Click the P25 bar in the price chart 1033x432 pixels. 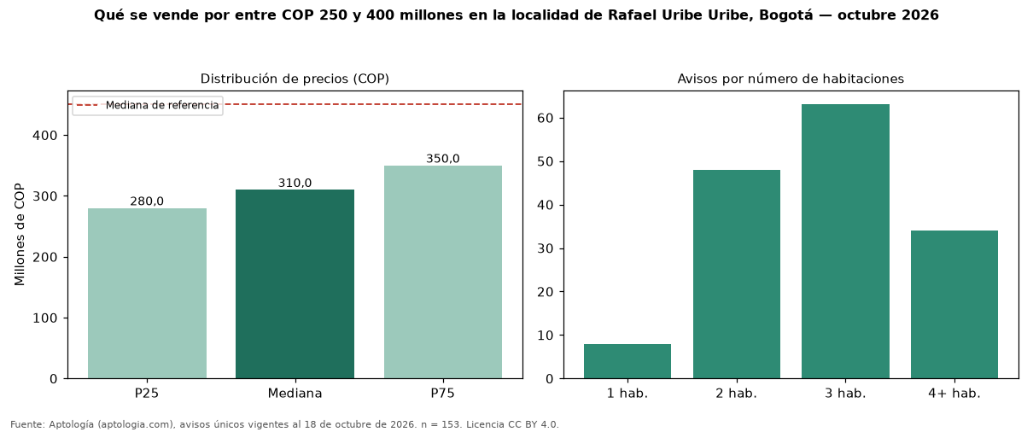click(147, 293)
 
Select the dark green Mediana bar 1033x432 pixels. click(295, 284)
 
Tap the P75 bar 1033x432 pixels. click(443, 272)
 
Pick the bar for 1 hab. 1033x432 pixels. click(627, 361)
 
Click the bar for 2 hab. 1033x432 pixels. click(737, 274)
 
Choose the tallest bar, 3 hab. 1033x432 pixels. click(845, 242)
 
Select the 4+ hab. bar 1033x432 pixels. click(954, 304)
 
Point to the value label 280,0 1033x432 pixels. click(147, 201)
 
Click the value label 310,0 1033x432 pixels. click(295, 183)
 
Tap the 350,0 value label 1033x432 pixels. click(443, 159)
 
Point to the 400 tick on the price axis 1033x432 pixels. click(44, 136)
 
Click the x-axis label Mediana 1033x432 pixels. click(295, 394)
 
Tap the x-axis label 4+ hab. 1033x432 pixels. click(954, 394)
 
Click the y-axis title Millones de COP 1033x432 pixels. click(20, 234)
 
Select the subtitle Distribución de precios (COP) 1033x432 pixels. click(295, 79)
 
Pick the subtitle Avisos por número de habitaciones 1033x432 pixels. click(791, 79)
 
